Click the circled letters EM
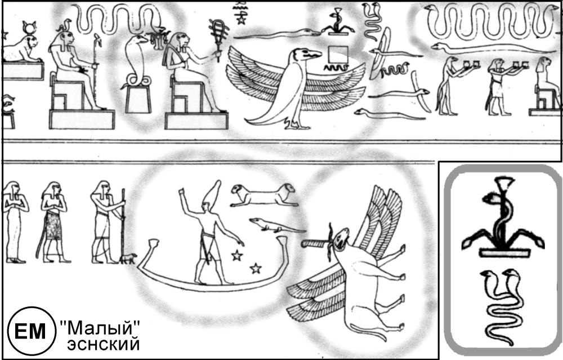(x=31, y=331)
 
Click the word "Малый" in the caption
(x=100, y=328)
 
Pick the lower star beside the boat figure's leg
(x=255, y=268)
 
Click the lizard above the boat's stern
(x=275, y=225)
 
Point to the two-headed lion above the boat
(x=264, y=195)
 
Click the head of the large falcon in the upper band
(x=305, y=55)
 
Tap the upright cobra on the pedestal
(x=136, y=61)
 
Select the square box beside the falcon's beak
(x=338, y=55)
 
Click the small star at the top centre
(x=241, y=20)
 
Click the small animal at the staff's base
(x=128, y=258)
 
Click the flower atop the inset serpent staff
(x=504, y=183)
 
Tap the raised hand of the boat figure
(x=182, y=191)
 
